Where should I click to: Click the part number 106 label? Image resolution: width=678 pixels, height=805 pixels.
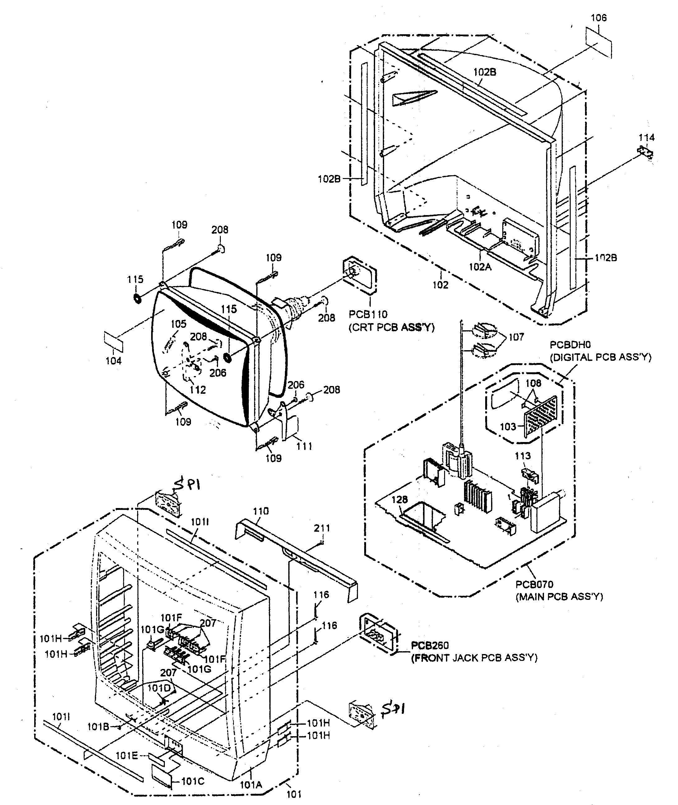pyautogui.click(x=598, y=18)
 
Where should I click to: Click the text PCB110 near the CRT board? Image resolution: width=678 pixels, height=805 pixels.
pyautogui.click(x=368, y=314)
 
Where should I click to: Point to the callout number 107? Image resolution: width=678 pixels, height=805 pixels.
pyautogui.click(x=516, y=337)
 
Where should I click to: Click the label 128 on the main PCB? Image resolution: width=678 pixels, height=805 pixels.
pyautogui.click(x=399, y=500)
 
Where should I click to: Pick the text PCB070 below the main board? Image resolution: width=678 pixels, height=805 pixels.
pyautogui.click(x=534, y=584)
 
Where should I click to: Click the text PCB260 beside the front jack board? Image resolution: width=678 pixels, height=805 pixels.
pyautogui.click(x=430, y=645)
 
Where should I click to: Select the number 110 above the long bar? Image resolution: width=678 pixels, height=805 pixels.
pyautogui.click(x=261, y=511)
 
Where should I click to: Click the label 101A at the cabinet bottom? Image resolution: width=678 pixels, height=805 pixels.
pyautogui.click(x=251, y=785)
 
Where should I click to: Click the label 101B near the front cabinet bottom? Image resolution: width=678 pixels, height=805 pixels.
pyautogui.click(x=98, y=727)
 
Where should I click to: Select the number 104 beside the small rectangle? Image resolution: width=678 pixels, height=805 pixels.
pyautogui.click(x=114, y=361)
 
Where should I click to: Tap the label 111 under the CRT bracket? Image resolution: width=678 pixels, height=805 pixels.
pyautogui.click(x=304, y=446)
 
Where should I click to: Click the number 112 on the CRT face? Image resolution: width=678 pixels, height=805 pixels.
pyautogui.click(x=197, y=390)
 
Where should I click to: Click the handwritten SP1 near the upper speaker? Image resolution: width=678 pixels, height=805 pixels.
pyautogui.click(x=189, y=485)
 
